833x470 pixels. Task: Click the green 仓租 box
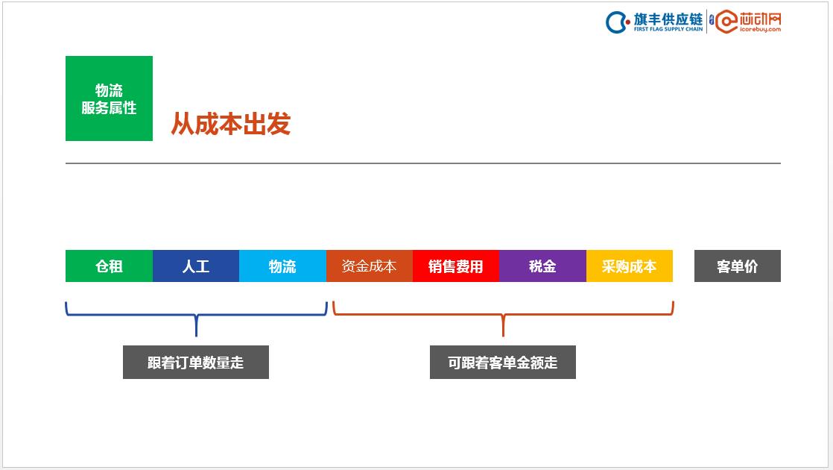point(109,266)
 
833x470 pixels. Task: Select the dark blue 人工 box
point(196,266)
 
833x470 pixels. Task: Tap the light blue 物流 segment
point(282,266)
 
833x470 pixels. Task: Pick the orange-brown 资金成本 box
point(369,266)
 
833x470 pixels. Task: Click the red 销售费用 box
point(455,266)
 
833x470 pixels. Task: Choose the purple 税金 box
point(542,266)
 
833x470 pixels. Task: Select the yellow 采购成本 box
point(629,266)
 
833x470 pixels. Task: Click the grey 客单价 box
point(737,266)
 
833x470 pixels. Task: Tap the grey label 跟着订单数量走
point(195,363)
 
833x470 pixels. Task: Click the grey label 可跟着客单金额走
point(502,363)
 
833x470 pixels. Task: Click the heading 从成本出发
point(230,124)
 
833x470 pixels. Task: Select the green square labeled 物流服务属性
point(109,98)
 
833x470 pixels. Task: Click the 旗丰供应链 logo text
point(668,18)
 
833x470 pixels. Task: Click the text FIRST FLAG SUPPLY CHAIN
point(668,30)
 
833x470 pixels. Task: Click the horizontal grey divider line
point(422,163)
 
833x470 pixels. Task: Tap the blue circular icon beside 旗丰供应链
point(618,22)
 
